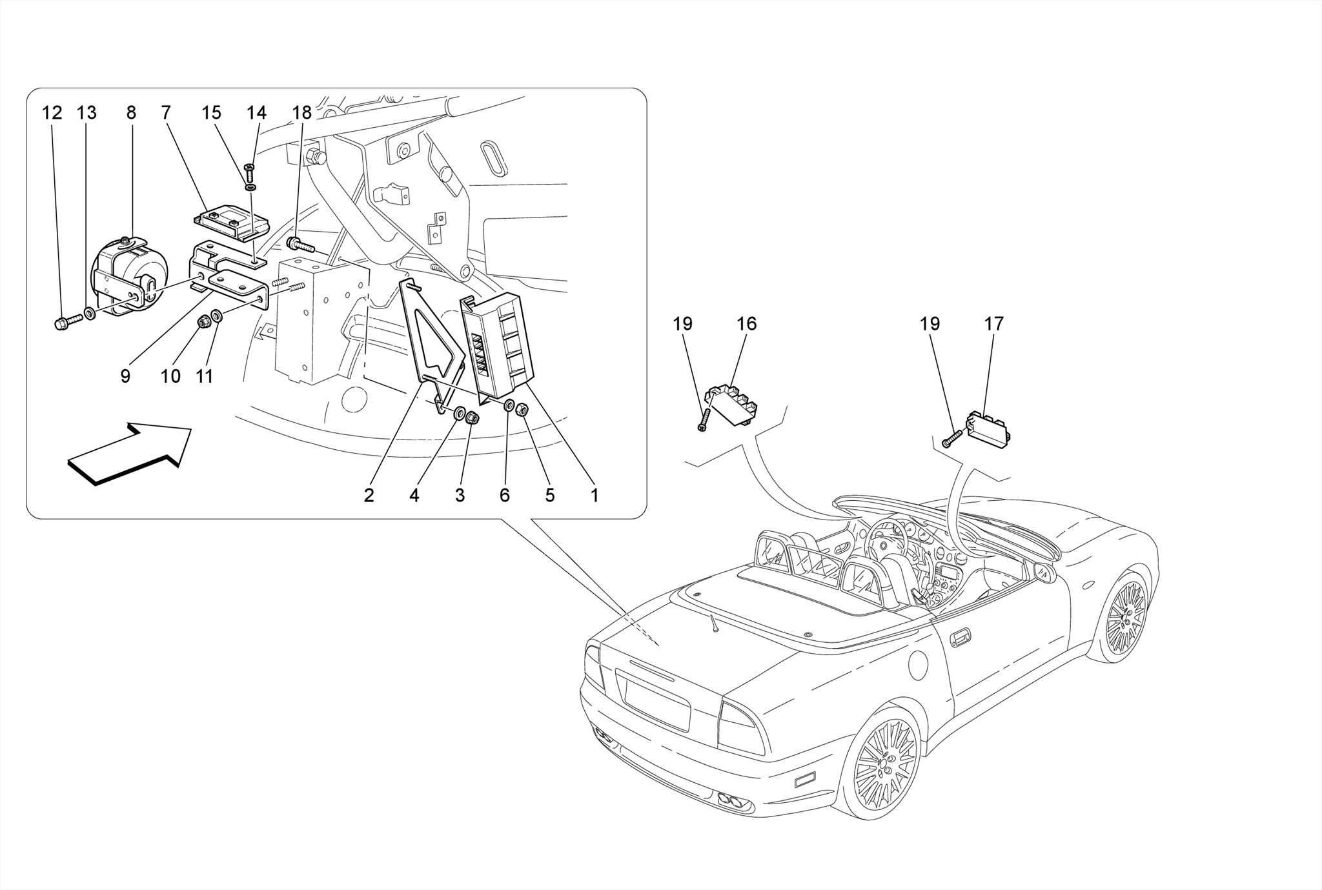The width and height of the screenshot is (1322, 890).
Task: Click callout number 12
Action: point(52,113)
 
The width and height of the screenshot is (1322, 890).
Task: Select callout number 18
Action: point(301,113)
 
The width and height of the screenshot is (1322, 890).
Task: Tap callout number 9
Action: point(125,376)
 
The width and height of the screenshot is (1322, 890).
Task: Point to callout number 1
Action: point(595,495)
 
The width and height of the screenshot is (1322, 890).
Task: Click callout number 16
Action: point(746,324)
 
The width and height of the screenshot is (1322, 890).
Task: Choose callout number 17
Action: point(994,324)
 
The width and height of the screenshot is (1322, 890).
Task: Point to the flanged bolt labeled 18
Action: point(300,245)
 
